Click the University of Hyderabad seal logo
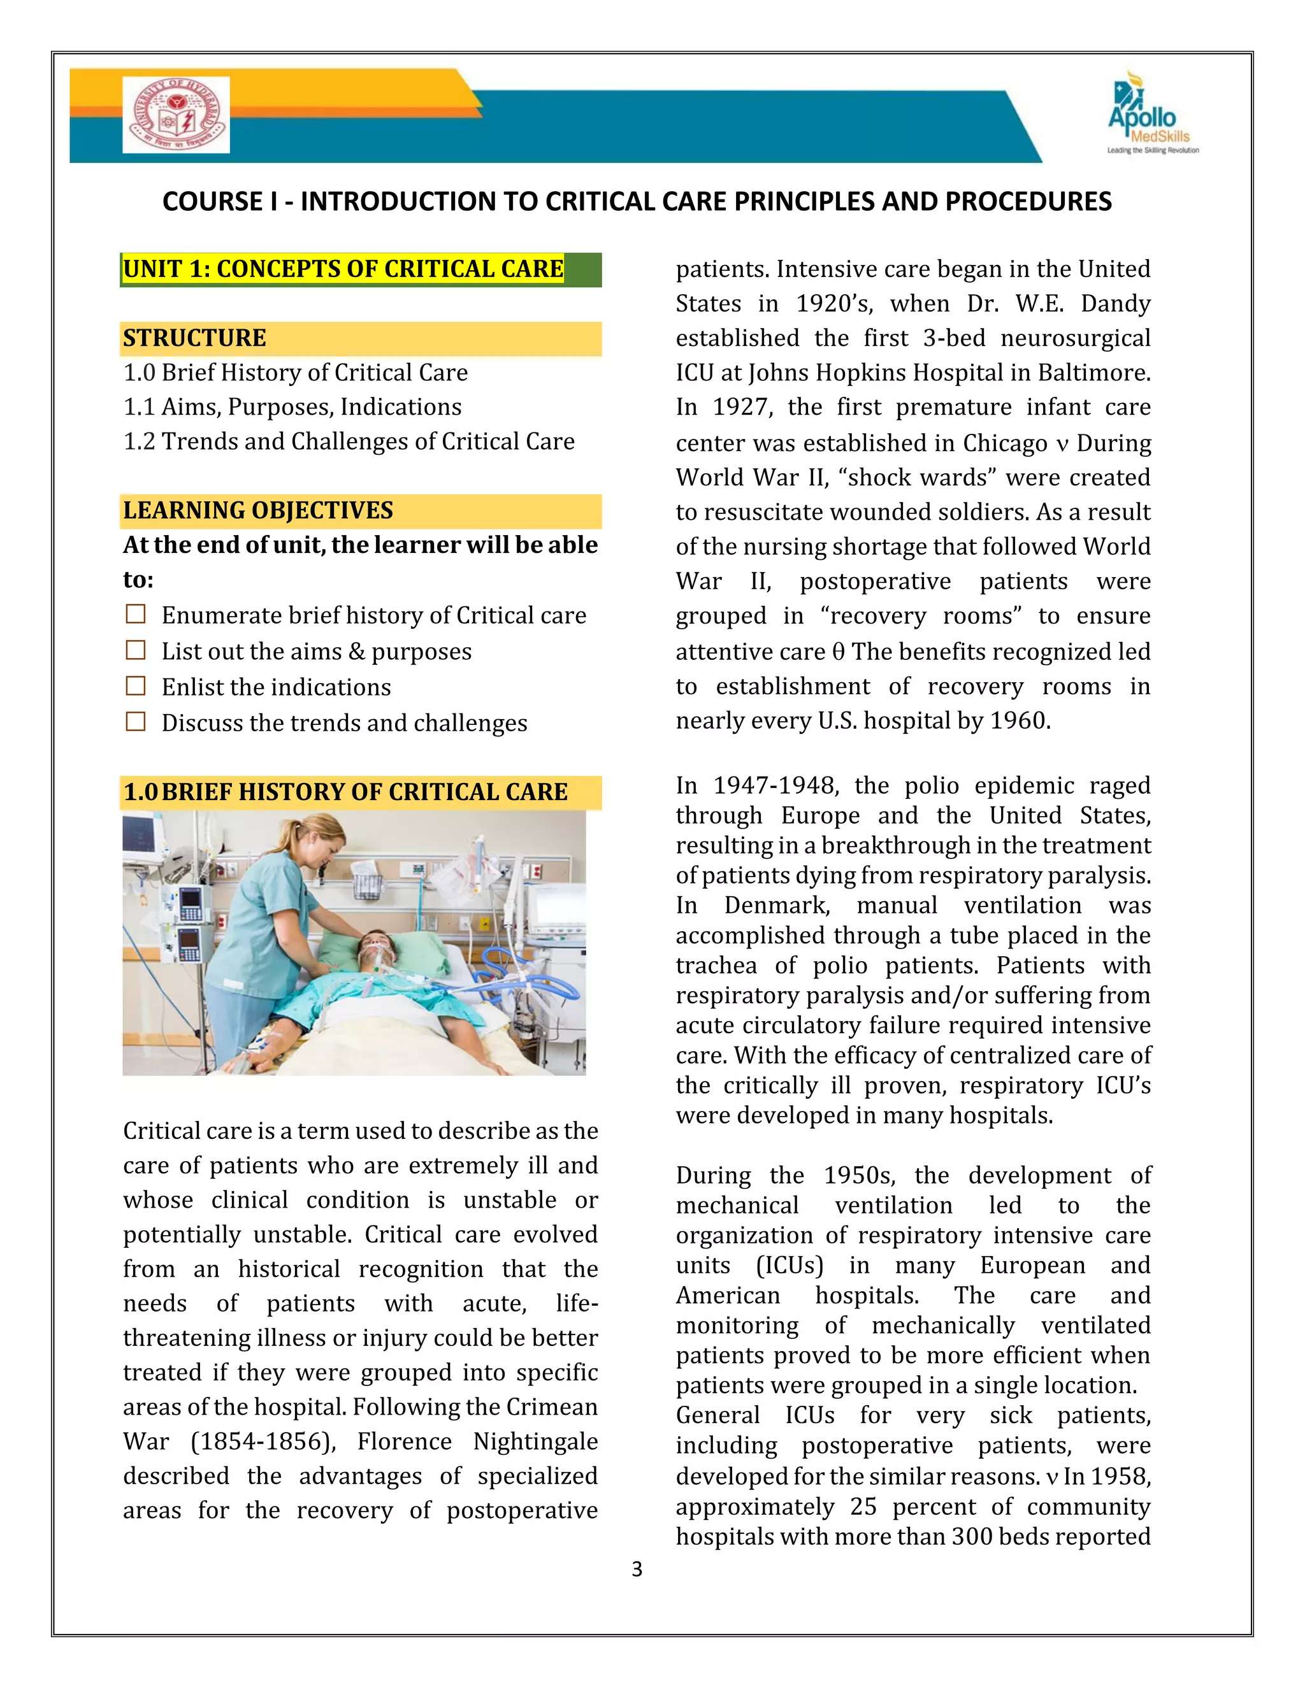(x=177, y=115)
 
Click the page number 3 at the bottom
(x=637, y=1569)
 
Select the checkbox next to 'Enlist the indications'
(x=136, y=686)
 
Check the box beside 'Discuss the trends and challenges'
(x=136, y=722)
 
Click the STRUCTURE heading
(x=195, y=338)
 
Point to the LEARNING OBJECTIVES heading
(x=258, y=511)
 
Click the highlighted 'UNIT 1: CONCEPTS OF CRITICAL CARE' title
(x=343, y=269)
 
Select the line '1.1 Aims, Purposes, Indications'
(x=292, y=407)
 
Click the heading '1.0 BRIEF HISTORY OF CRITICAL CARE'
(x=345, y=792)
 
